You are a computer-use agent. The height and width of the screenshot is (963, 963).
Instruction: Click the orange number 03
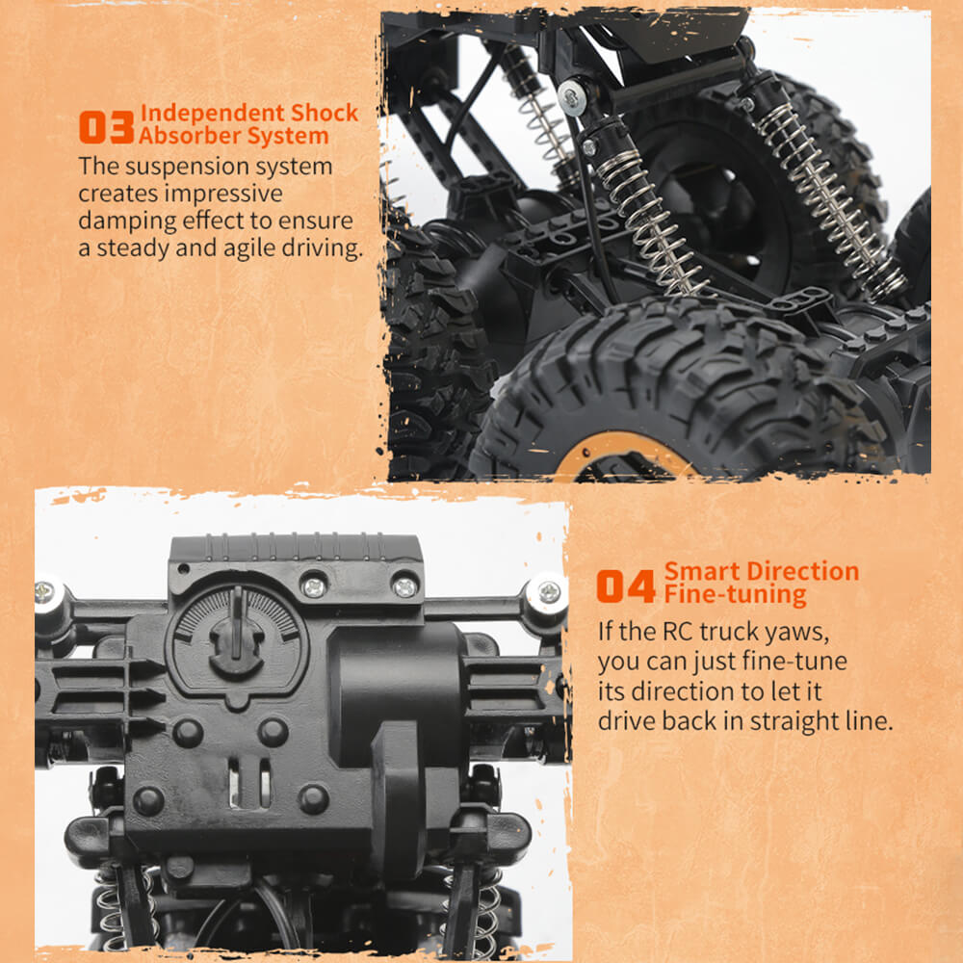coord(106,127)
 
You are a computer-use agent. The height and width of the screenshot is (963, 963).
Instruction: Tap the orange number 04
coord(626,586)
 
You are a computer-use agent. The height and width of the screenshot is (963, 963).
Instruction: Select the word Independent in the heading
coord(212,114)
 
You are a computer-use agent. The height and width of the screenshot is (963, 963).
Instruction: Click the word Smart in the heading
coord(703,572)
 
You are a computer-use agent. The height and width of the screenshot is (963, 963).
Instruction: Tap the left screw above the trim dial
coord(314,586)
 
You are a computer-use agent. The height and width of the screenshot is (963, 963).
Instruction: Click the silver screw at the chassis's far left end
coord(46,594)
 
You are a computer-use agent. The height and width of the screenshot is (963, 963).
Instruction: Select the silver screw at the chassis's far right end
coord(548,592)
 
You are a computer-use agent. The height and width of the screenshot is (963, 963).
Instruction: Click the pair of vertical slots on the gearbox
coord(249,781)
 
